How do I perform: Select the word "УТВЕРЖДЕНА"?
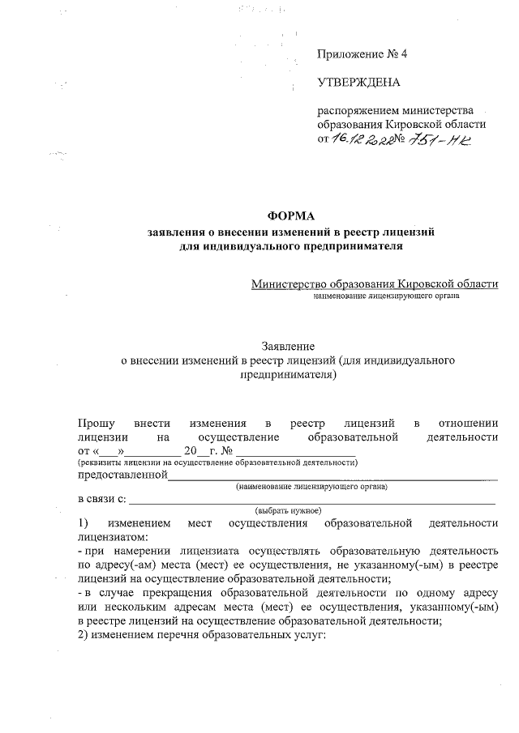point(358,83)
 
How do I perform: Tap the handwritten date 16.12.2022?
point(364,139)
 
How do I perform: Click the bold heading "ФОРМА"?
point(290,215)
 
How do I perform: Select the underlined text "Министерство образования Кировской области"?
point(375,283)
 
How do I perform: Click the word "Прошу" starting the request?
point(96,423)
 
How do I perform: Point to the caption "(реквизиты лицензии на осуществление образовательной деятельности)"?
point(217,462)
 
